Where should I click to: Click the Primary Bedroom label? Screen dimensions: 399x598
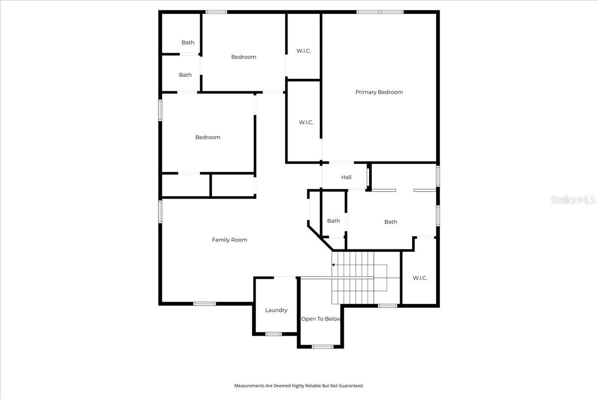pos(379,92)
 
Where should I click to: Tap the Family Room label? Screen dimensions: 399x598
pos(229,240)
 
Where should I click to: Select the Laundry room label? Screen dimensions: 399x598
pos(276,310)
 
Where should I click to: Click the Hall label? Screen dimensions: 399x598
pos(346,177)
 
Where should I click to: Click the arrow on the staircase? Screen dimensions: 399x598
pos(334,265)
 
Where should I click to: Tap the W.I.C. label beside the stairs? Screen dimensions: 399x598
pos(420,278)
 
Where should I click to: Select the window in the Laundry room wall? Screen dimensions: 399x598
pos(273,334)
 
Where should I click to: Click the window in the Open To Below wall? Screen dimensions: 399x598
pos(322,346)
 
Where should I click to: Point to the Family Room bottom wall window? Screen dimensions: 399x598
pos(204,303)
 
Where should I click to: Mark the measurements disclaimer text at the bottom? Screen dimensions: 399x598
pos(299,386)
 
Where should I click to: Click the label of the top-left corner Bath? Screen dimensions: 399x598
pos(188,43)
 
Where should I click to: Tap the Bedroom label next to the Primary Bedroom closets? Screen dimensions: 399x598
pos(244,57)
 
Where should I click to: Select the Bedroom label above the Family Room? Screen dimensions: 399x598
pos(208,138)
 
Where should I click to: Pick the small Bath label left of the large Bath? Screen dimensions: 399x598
pos(333,221)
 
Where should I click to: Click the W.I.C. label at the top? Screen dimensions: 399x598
pos(303,51)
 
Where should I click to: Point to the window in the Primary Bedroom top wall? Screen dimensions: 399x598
pos(380,12)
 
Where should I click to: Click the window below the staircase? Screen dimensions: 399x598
pos(387,305)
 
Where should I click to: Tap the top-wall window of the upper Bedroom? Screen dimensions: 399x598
pos(216,12)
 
